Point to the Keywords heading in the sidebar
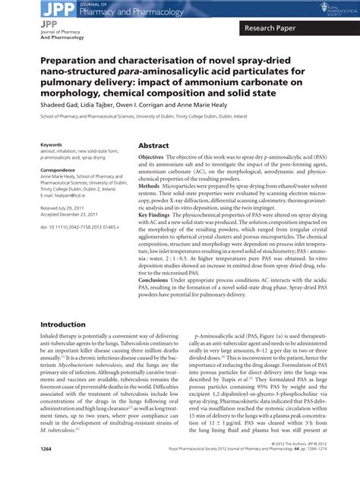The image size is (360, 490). [52, 144]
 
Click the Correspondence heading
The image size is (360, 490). [58, 170]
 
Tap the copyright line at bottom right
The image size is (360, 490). [305, 466]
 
